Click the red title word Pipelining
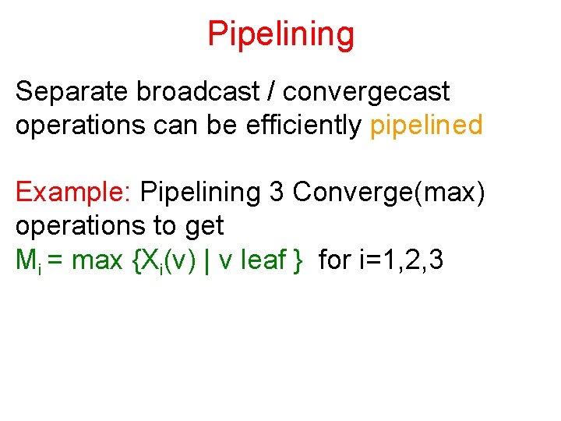point(280,34)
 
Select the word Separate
point(72,92)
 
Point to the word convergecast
point(366,92)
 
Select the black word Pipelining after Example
point(201,192)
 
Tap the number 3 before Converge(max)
point(277,192)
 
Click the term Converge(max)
point(390,192)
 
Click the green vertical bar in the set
point(207,260)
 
